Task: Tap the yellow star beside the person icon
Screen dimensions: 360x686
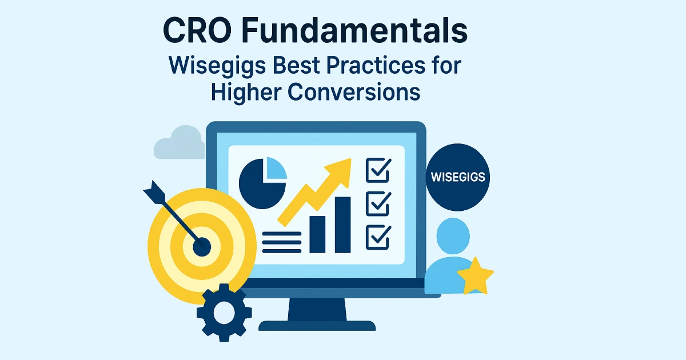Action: click(x=475, y=275)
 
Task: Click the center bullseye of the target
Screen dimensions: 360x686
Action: click(x=201, y=247)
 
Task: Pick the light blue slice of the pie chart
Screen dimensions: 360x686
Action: click(x=275, y=169)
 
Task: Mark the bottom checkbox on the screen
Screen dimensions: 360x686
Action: click(x=377, y=235)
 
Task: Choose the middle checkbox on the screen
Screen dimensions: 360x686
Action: click(x=377, y=203)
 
